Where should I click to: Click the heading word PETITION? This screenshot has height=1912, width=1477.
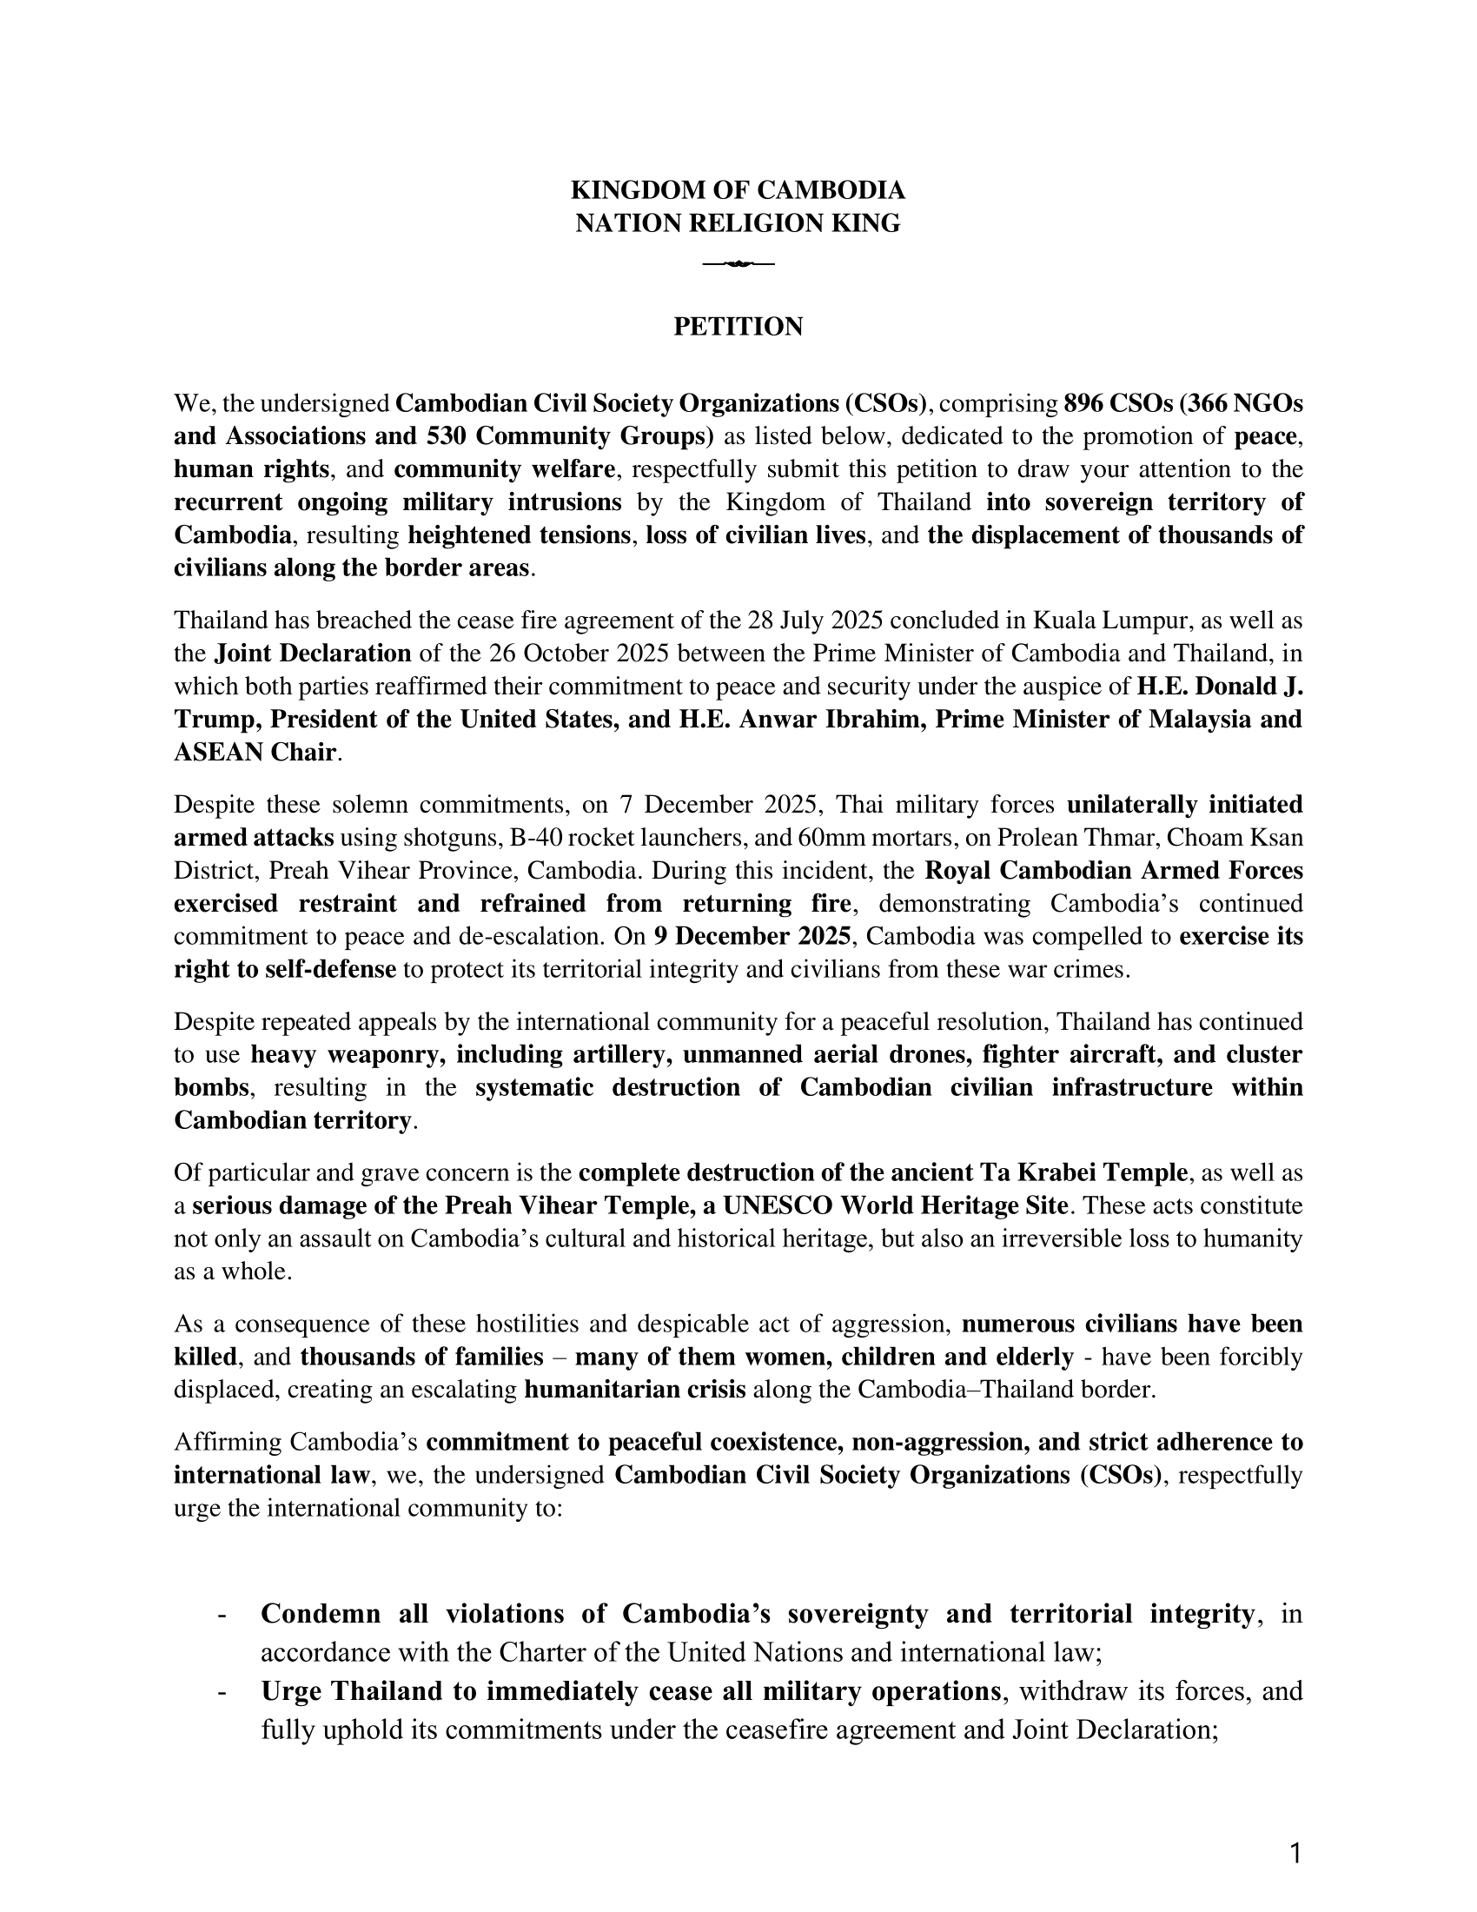click(x=738, y=327)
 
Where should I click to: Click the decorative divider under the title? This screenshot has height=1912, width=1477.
click(x=738, y=263)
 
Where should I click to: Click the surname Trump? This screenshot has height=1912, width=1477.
click(x=215, y=719)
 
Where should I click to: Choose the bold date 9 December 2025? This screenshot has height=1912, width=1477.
click(x=752, y=936)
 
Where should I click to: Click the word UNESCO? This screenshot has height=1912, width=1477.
click(x=771, y=1205)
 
